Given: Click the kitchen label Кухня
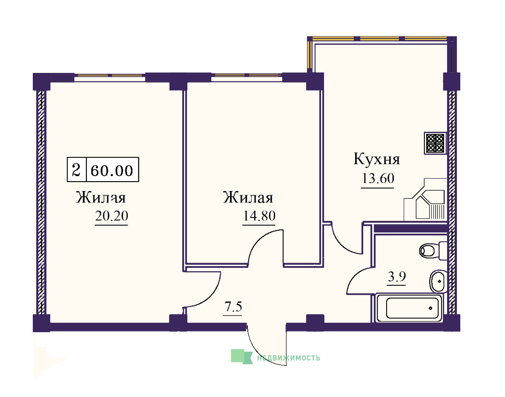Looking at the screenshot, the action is [376, 159].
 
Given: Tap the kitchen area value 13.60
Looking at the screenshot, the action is [378, 178].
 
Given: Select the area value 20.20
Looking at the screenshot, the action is [112, 215].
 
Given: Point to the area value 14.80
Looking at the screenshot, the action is [259, 215].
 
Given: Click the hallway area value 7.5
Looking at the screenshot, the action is [233, 306].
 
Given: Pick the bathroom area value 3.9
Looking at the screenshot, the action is [397, 277].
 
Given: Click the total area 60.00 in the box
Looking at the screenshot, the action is [112, 170].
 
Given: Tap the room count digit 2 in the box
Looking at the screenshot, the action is [76, 170].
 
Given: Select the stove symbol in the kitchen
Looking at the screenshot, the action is [435, 143].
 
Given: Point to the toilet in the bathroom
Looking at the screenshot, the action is [432, 251].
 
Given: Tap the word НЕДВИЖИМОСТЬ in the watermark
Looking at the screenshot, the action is [289, 358].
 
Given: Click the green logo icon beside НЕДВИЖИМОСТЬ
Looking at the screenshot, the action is [241, 356].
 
